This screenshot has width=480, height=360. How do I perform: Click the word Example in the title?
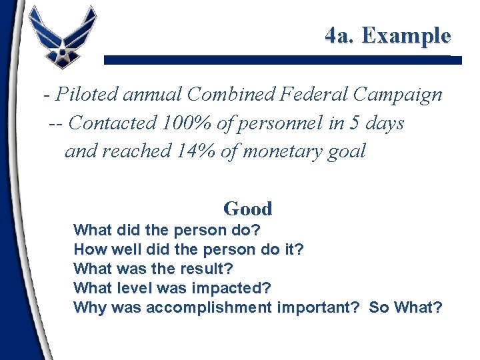pos(407,35)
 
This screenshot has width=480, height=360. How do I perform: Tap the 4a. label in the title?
pos(341,35)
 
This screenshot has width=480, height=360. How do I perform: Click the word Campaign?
pos(398,95)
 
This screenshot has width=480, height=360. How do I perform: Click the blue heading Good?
pos(248,209)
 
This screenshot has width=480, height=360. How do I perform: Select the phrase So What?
pos(406,307)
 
